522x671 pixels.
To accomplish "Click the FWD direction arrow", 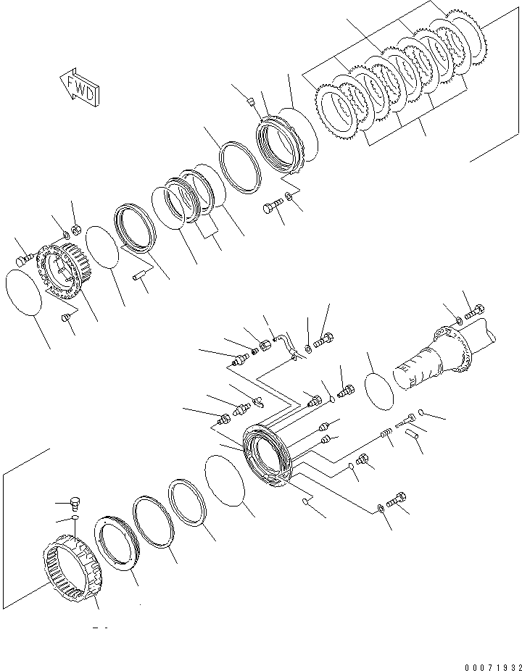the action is pos(80,88).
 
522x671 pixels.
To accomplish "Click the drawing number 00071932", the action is pos(492,667).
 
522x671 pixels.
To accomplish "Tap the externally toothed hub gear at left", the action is pos(59,270).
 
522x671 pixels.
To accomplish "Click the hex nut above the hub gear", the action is pos(76,230).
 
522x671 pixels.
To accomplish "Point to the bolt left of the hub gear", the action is pos(25,259).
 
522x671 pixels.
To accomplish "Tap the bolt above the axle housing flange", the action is pos(474,312).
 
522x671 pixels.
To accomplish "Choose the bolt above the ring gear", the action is pos(75,503).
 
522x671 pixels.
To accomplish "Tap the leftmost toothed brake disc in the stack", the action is pos(336,112).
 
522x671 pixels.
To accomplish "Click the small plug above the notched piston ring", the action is pos(252,102).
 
